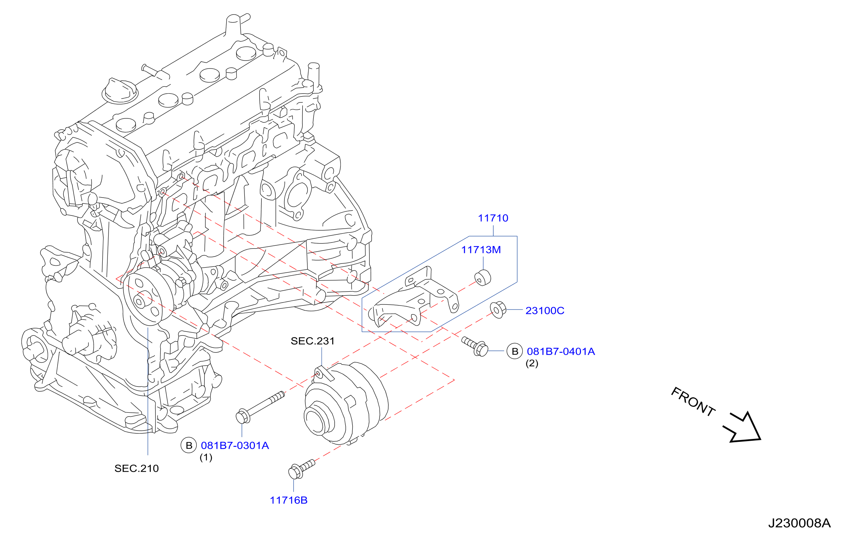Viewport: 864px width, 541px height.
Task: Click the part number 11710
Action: [493, 218]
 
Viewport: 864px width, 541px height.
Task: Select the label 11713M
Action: [481, 250]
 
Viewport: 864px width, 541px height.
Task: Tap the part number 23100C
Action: [545, 311]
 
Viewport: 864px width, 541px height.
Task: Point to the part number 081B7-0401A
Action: [561, 351]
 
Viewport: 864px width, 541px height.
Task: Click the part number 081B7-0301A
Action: [235, 445]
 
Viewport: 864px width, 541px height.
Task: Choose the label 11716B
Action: [288, 500]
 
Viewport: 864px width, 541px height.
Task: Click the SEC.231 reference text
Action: [313, 341]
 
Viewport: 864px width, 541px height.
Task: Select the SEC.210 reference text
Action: [137, 468]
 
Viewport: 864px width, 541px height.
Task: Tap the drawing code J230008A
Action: [800, 523]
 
